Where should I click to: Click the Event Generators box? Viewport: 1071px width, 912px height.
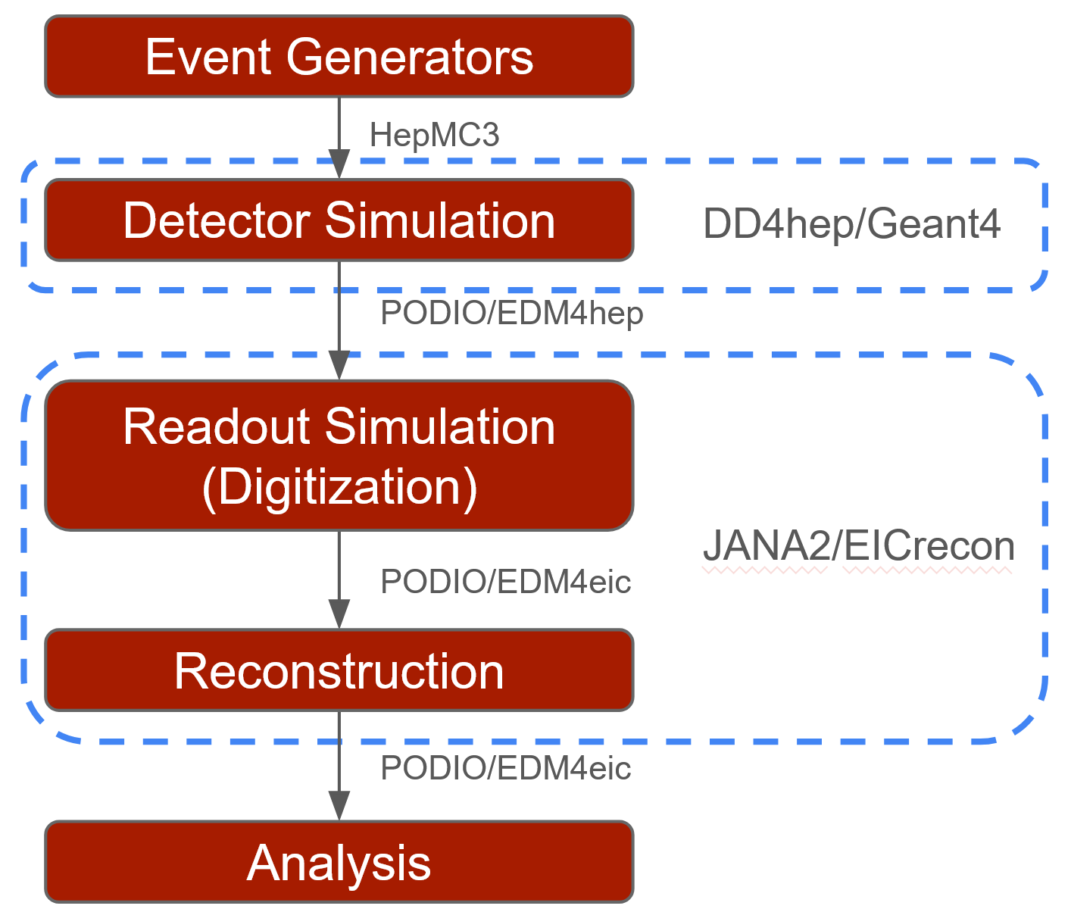click(x=339, y=57)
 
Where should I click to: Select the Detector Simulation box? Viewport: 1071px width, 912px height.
click(x=339, y=220)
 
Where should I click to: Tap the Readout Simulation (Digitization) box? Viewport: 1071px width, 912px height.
click(x=339, y=455)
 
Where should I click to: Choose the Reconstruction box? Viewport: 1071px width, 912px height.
click(x=339, y=670)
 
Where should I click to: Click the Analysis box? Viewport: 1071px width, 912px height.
click(x=339, y=862)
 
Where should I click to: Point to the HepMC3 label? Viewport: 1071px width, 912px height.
click(x=434, y=136)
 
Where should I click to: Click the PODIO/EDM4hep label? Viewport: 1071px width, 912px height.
click(x=511, y=313)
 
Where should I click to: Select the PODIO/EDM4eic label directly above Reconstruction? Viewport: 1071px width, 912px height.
click(x=505, y=582)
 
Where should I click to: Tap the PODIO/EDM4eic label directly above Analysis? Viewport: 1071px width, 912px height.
click(x=505, y=768)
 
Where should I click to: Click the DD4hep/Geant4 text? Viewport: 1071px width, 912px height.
click(x=852, y=224)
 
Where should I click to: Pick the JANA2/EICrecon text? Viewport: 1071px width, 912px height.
click(x=858, y=545)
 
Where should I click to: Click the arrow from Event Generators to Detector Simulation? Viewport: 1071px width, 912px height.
click(x=339, y=133)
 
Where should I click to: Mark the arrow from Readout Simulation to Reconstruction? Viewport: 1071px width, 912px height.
click(x=339, y=576)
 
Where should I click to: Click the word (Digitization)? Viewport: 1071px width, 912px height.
click(x=339, y=486)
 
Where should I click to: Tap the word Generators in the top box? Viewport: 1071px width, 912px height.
click(x=410, y=57)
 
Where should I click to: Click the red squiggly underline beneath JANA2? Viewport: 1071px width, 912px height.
click(x=765, y=570)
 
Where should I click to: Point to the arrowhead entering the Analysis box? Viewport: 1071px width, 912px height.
click(x=339, y=806)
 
